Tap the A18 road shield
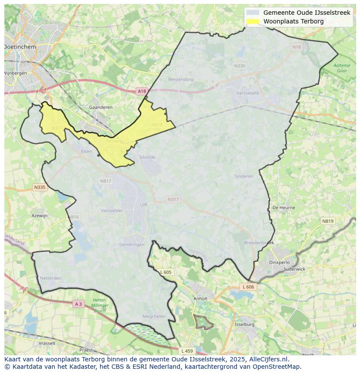[x=142, y=91]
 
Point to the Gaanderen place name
[x=100, y=107]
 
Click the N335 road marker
[x=39, y=187]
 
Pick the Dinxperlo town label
[x=279, y=262]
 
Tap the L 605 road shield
[x=166, y=272]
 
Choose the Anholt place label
[x=200, y=298]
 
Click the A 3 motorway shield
[x=78, y=304]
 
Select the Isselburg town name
[x=244, y=324]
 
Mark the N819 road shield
[x=328, y=221]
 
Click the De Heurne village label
[x=283, y=208]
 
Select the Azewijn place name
[x=40, y=215]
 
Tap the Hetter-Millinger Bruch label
[x=100, y=305]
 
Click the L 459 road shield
[x=187, y=351]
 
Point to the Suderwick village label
[x=294, y=269]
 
